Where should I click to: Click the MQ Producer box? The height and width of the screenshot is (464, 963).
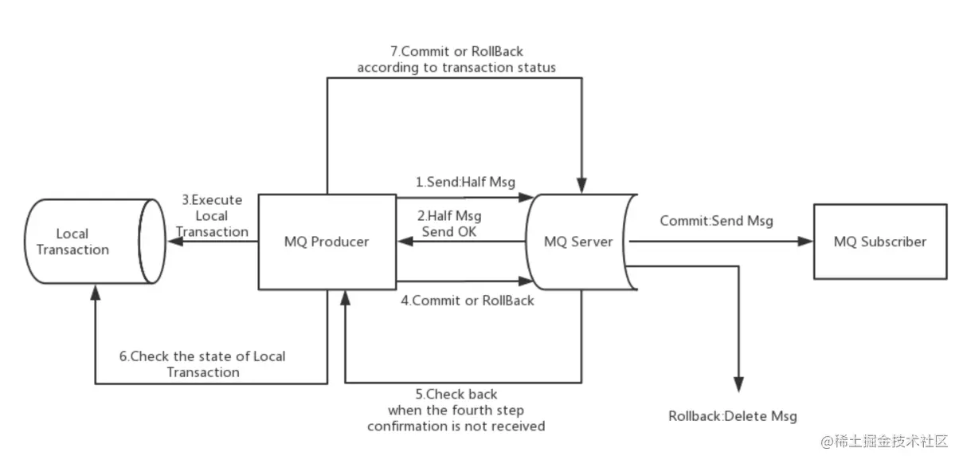(x=327, y=242)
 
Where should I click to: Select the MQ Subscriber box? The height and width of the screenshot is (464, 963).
(x=879, y=242)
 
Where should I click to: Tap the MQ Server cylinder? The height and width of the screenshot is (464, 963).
(x=578, y=242)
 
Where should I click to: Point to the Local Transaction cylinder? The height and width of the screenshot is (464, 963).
(x=87, y=242)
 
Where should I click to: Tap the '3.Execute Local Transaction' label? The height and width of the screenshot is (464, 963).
(x=212, y=215)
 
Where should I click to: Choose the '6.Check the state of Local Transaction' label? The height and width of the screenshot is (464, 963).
(x=202, y=364)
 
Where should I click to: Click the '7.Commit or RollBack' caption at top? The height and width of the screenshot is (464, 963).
(x=456, y=59)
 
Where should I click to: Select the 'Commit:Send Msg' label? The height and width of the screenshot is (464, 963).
(x=715, y=220)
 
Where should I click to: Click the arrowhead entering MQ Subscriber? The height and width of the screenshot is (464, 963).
(x=804, y=242)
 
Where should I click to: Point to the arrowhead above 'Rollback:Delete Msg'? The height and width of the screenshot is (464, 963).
(x=740, y=385)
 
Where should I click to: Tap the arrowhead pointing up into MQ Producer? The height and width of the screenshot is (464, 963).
(x=345, y=297)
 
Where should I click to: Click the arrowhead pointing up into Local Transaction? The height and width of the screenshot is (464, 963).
(x=96, y=294)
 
